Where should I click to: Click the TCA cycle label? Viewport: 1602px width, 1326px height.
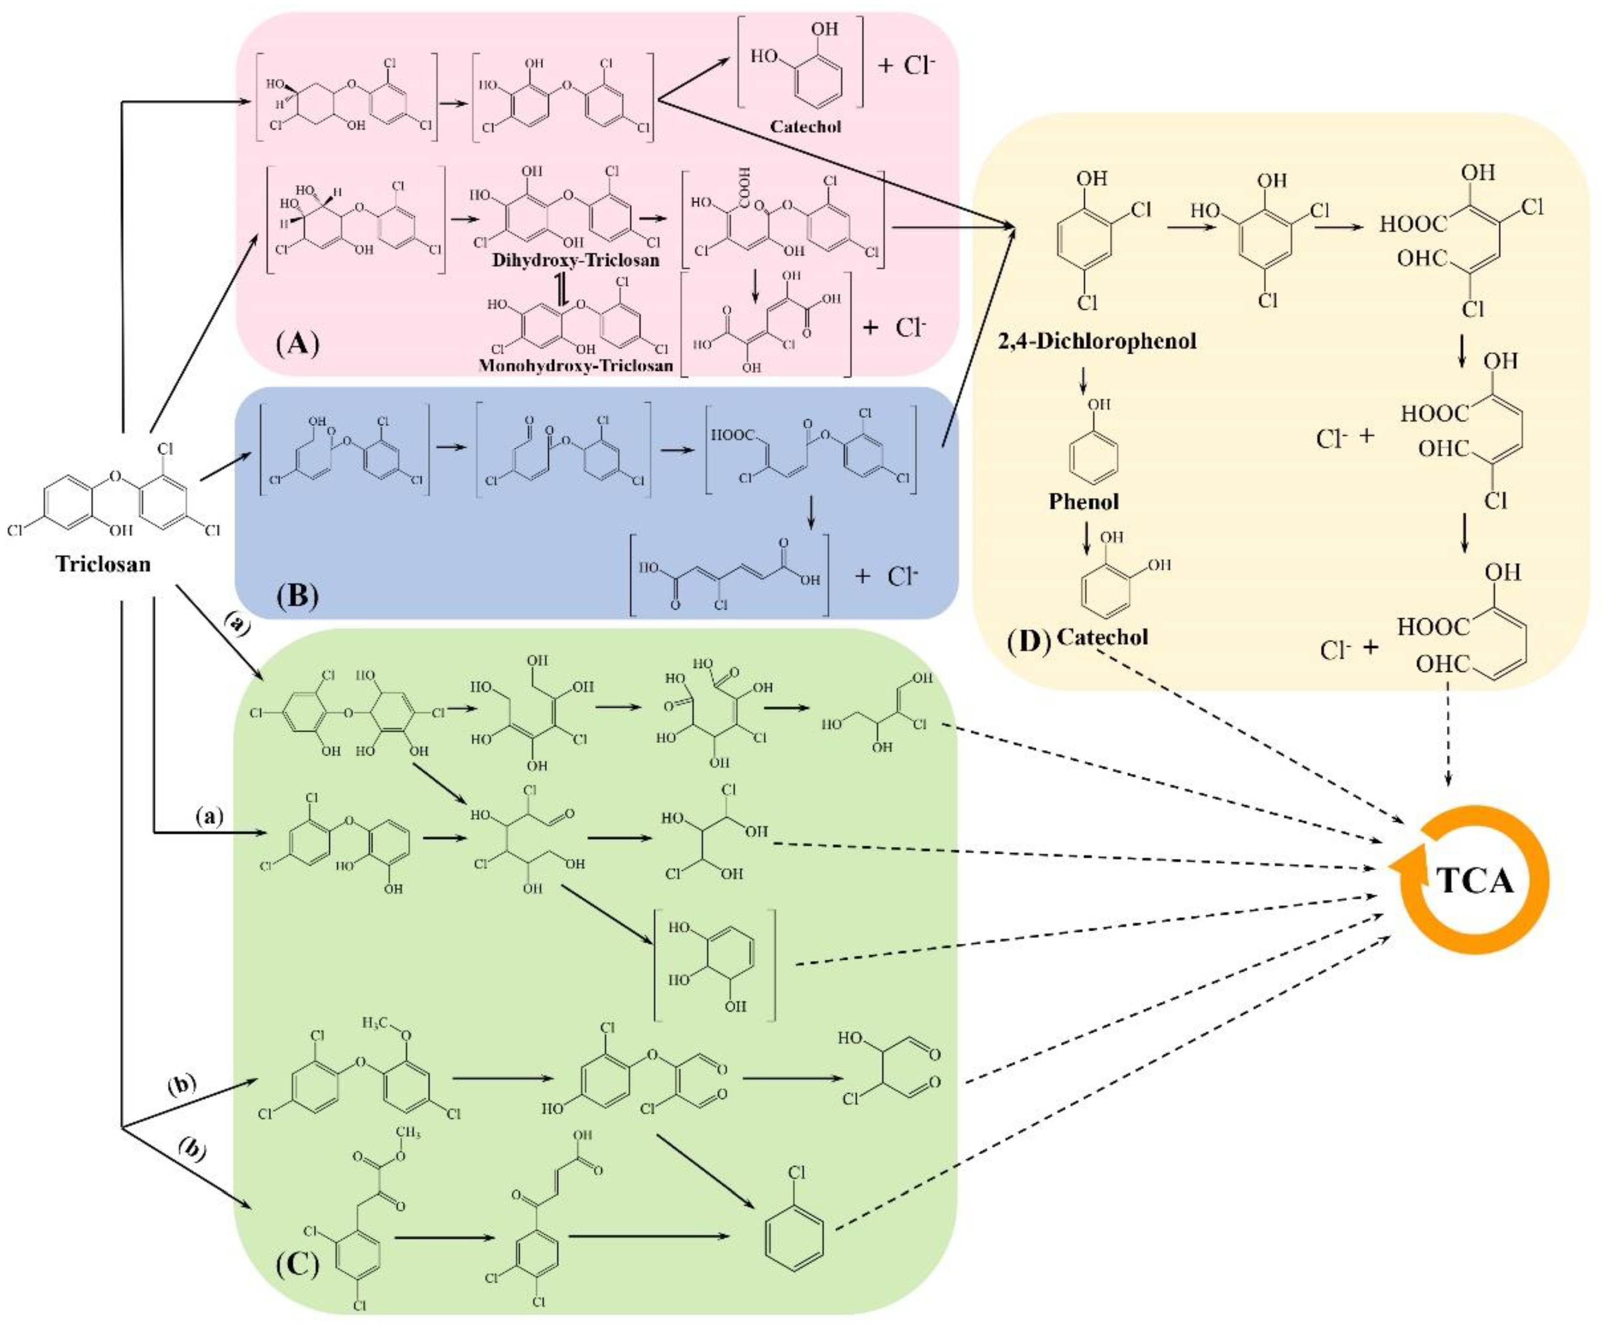[x=1476, y=880]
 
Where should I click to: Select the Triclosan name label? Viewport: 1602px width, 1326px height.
[x=103, y=564]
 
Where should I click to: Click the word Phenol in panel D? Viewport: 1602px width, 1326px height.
[x=1083, y=501]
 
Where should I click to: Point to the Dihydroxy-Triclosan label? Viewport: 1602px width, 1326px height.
[x=575, y=260]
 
